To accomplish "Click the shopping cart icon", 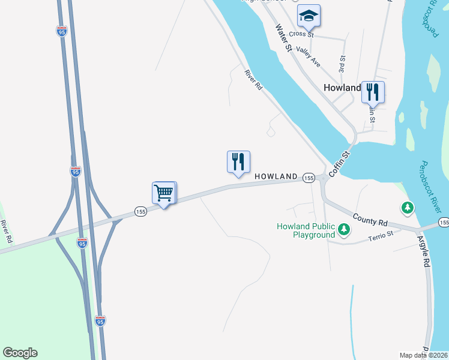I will point(163,193).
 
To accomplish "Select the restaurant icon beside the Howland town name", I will point(373,92).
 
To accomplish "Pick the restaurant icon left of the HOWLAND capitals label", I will point(238,162).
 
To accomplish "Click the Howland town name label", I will point(342,87).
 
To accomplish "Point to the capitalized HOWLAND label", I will point(276,176).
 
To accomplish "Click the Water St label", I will point(283,37).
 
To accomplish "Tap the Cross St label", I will point(302,35).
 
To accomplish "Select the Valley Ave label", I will point(309,57).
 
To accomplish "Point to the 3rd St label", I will point(342,65).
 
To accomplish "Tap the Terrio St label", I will point(381,235).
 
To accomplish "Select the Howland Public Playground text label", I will point(306,230).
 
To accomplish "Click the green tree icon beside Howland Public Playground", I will point(344,230).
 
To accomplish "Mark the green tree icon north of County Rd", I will point(408,208).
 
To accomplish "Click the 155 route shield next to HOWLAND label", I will point(309,178).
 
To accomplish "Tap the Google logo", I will point(20,353).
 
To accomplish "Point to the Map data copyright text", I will point(424,355).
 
